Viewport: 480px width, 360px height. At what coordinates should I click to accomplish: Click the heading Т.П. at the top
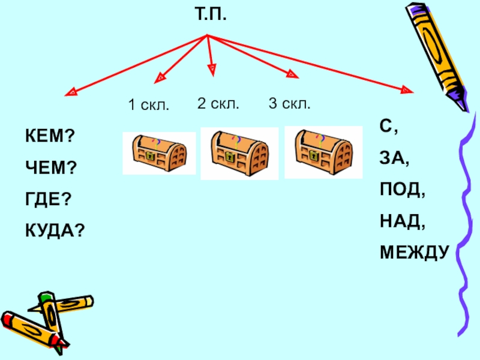point(211,11)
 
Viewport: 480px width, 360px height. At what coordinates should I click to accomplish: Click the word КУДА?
point(54,230)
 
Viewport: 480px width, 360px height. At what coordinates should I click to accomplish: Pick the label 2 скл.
point(218,103)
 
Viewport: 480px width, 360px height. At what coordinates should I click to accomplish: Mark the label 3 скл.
point(289,103)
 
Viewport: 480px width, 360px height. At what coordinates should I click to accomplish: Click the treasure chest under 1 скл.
point(159,153)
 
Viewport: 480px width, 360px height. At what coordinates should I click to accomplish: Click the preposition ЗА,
point(394,159)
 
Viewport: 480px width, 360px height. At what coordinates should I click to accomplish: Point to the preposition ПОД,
point(402,190)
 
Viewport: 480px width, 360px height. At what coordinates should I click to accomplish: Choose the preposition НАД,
point(402,222)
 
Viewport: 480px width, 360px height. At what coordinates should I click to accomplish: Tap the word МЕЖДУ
point(414,253)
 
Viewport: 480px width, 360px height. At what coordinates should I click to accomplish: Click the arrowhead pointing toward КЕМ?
point(71,93)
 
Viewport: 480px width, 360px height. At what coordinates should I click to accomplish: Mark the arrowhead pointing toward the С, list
point(407,91)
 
